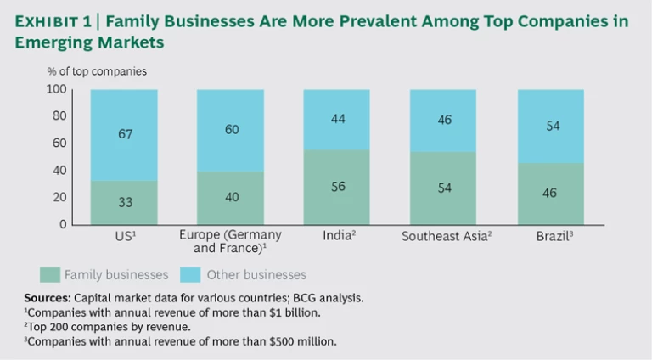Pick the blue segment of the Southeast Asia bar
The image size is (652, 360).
pos(443,121)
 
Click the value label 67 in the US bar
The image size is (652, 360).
pos(124,134)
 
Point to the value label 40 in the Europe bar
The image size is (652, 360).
pos(230,197)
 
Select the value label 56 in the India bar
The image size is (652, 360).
pos(337,186)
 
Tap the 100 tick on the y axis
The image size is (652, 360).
pos(56,89)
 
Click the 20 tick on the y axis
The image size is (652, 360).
pos(59,197)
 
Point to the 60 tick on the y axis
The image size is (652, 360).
pos(59,143)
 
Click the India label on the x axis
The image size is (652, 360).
pos(336,236)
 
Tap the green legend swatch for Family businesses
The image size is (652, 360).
pos(51,274)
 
